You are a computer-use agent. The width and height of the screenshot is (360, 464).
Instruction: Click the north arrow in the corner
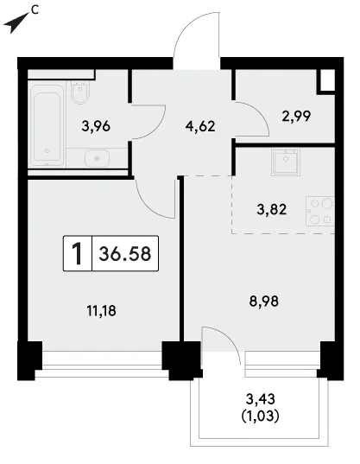click(16, 23)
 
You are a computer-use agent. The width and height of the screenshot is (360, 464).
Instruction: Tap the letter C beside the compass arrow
click(35, 10)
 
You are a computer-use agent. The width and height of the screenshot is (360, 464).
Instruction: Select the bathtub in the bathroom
click(47, 125)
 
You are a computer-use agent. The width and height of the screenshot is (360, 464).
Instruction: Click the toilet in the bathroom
click(80, 92)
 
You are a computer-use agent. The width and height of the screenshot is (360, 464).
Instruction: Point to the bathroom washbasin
click(97, 159)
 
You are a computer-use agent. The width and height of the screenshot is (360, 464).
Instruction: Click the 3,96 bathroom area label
click(96, 126)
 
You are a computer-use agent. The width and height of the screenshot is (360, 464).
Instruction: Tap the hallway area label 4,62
click(200, 126)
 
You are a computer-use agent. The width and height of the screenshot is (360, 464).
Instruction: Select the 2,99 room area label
click(296, 117)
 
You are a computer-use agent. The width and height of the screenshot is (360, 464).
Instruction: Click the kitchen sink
click(286, 162)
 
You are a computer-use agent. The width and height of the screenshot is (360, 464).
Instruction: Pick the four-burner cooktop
click(320, 212)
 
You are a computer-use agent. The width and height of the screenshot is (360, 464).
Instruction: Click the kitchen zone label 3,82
click(272, 210)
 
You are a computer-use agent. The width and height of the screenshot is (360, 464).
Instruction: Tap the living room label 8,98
click(264, 302)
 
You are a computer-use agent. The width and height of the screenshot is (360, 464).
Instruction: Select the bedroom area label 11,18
click(101, 311)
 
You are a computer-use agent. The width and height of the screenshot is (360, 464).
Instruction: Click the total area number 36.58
click(125, 254)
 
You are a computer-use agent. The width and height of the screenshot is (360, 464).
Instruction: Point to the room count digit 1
click(77, 254)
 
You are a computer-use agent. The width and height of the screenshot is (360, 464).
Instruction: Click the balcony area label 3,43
click(261, 399)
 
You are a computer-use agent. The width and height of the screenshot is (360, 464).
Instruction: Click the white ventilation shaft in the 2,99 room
click(328, 79)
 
